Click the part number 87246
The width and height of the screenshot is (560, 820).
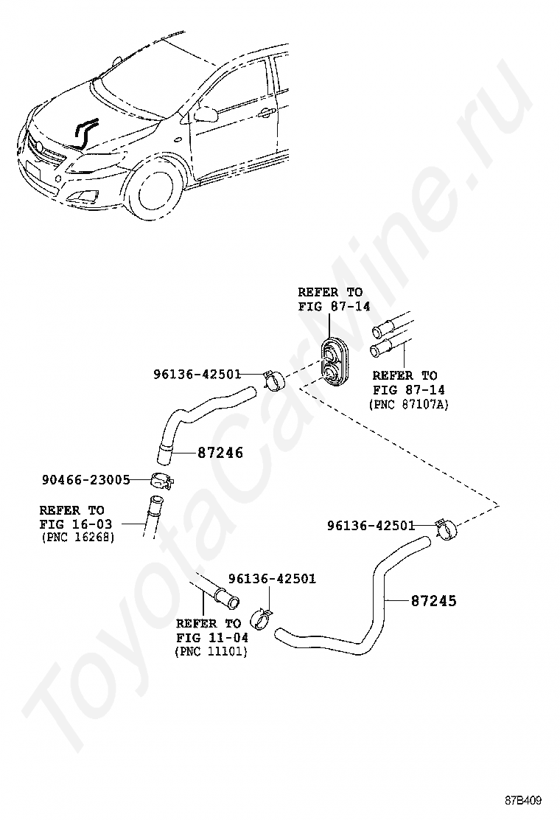[220, 453]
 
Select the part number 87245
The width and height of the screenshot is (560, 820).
[433, 601]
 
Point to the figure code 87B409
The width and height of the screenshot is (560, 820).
[524, 801]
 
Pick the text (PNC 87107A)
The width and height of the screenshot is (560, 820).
[408, 404]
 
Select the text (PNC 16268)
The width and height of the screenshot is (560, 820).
[77, 537]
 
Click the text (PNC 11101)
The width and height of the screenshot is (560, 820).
[211, 652]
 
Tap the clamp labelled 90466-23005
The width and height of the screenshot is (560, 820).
[162, 480]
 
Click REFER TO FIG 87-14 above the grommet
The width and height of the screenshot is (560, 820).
[334, 299]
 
